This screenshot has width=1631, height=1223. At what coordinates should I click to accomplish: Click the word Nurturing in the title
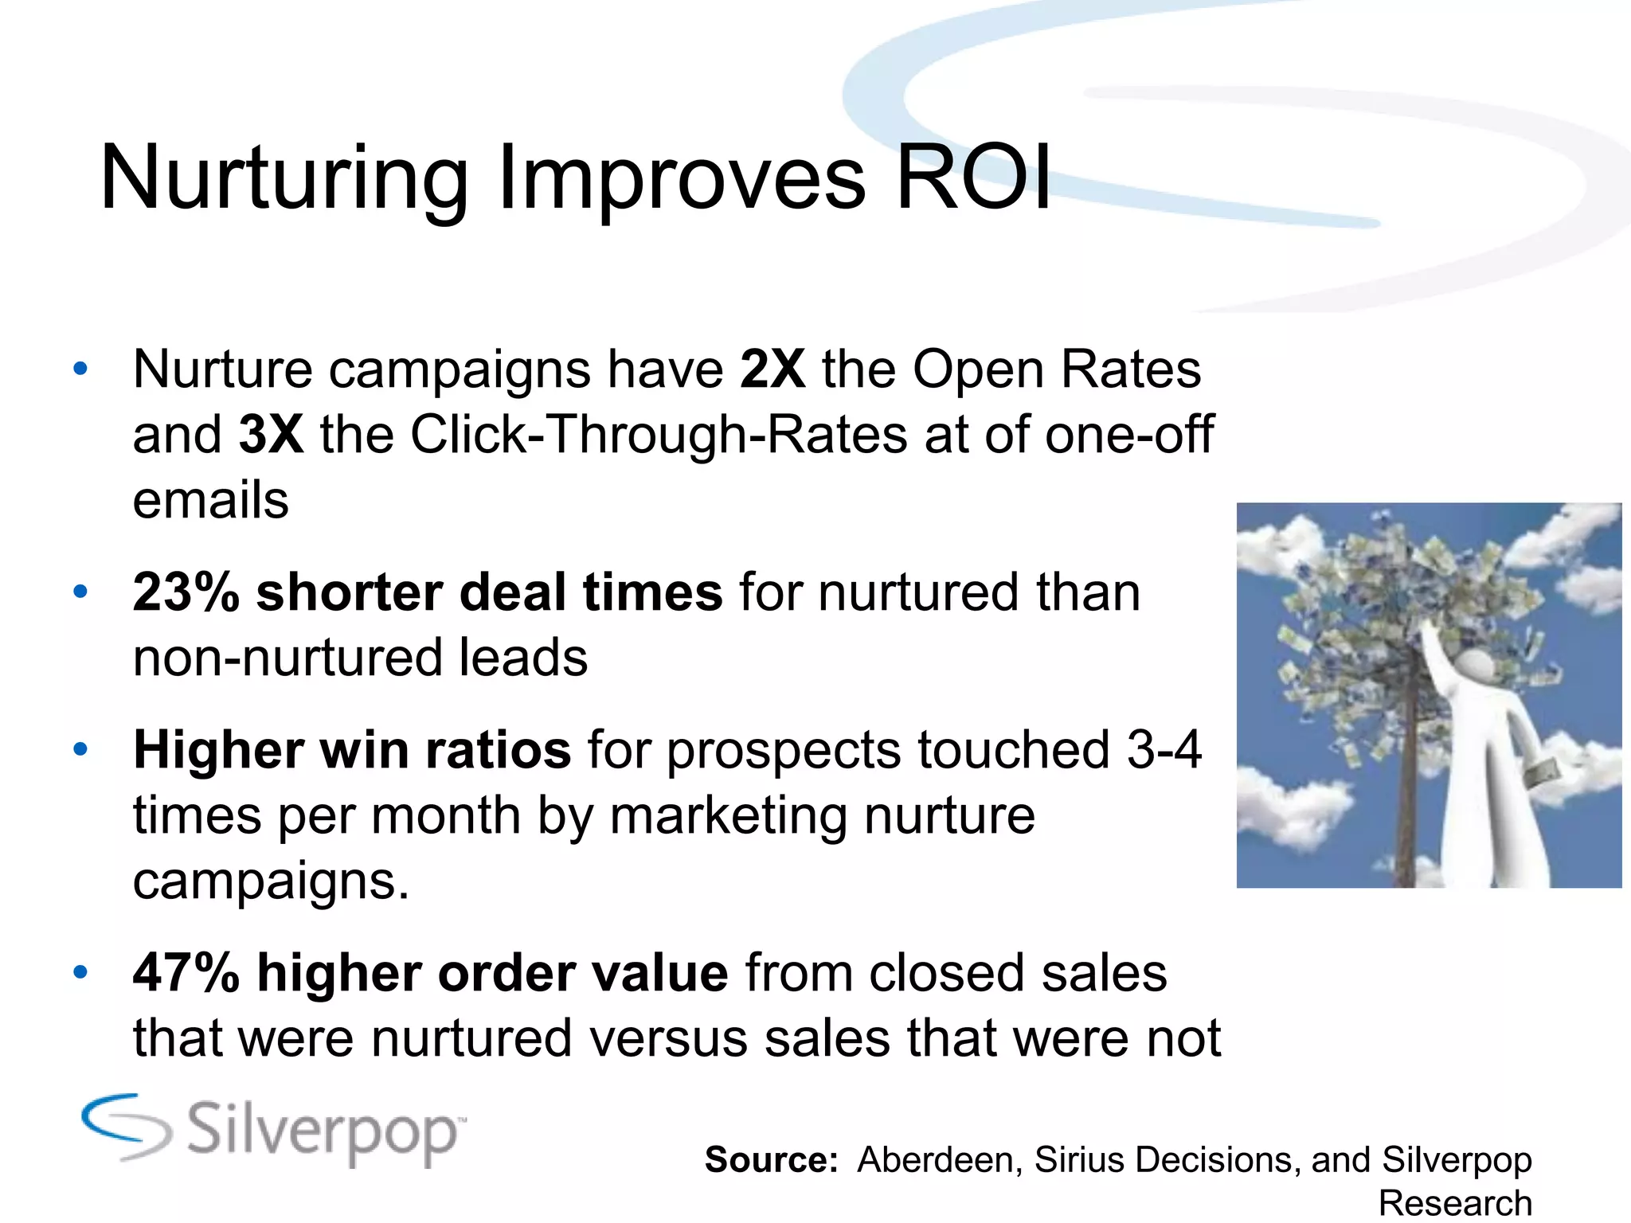click(x=284, y=180)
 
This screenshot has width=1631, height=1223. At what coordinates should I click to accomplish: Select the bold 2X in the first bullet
click(x=772, y=369)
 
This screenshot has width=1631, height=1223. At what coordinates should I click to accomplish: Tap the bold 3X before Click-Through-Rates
click(x=271, y=435)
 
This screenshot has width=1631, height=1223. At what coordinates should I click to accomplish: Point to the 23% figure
click(x=186, y=592)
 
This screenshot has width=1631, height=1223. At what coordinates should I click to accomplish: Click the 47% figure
click(x=186, y=973)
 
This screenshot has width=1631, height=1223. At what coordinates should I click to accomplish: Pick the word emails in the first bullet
click(x=210, y=500)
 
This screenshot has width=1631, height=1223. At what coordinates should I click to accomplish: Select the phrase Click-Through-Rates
click(x=659, y=435)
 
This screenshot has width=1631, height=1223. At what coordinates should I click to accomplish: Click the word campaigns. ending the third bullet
click(x=271, y=881)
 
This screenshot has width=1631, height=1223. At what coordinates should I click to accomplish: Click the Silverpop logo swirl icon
click(x=126, y=1126)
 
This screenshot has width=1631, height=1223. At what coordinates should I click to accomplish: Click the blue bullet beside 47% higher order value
click(x=80, y=973)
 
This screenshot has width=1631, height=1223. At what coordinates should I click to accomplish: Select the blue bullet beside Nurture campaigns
click(x=80, y=369)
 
